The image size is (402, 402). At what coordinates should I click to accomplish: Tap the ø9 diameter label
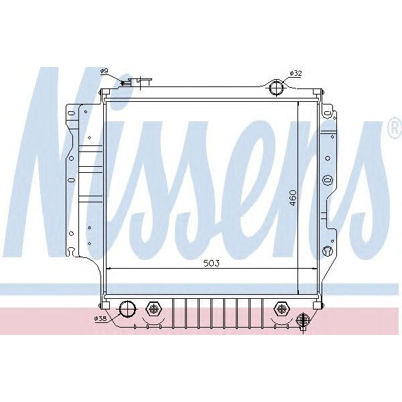(104, 70)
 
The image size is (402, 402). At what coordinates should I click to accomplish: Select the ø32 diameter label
(295, 72)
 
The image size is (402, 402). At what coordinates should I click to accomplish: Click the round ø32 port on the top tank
(276, 87)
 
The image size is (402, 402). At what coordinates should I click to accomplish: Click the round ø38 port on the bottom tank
(127, 309)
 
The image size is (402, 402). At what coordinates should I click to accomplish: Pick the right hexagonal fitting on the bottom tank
(281, 309)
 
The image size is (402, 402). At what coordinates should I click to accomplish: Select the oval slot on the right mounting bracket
(327, 180)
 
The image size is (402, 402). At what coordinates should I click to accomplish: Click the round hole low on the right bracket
(326, 251)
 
